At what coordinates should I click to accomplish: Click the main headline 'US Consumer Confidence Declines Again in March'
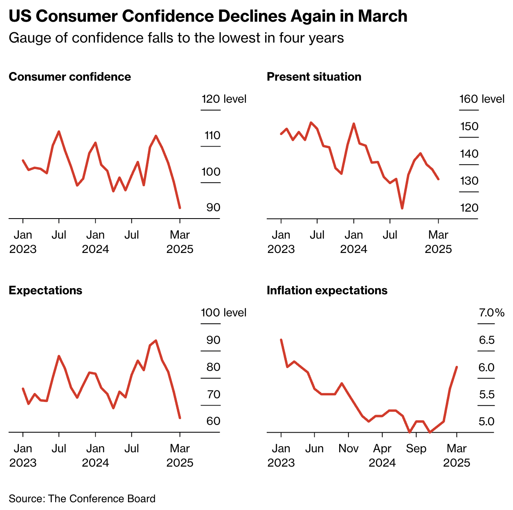pos(208,16)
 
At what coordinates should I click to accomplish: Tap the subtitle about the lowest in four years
pos(176,38)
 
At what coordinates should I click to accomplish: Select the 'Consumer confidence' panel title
pos(70,77)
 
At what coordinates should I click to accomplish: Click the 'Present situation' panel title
pos(314,77)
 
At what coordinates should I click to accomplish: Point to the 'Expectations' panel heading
pos(45,291)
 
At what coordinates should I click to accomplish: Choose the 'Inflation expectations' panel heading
pos(327,291)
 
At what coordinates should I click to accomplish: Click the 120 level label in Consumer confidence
pos(223,99)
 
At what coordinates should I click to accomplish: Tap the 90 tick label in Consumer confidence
pos(213,208)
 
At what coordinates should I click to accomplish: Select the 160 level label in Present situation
pos(482,99)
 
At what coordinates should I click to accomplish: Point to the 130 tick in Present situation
pos(469,181)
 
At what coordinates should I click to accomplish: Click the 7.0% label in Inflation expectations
pos(491,313)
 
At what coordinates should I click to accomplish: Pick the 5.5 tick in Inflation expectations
pos(486,395)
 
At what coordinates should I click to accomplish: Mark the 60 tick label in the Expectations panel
pos(213,421)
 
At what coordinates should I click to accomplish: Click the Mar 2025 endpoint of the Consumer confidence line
pos(180,208)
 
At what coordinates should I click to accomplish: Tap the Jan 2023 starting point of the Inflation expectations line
pos(281,340)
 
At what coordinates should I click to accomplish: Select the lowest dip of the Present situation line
pos(402,208)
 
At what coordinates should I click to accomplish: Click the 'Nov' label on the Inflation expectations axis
pos(348,449)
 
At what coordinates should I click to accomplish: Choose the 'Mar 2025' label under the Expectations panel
pos(180,456)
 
